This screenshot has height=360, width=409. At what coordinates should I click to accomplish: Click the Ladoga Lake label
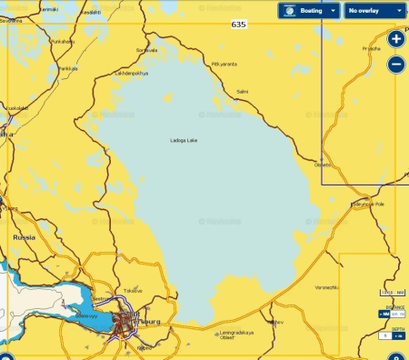coord(184,140)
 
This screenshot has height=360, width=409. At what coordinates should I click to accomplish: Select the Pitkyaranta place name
coord(224,64)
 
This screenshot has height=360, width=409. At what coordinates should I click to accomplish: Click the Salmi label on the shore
coord(242,91)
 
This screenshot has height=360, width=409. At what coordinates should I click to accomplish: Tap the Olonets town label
coord(323,165)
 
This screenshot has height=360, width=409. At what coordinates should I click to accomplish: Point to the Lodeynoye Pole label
coord(367,205)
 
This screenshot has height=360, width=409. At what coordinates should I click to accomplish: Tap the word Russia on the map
coord(24,236)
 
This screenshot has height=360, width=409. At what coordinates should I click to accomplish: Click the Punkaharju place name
coord(63,41)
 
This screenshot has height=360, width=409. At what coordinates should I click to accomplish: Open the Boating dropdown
coord(309,11)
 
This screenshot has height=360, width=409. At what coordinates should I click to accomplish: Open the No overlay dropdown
coord(374,11)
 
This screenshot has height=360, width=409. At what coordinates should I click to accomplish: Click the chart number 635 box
coord(238,25)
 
